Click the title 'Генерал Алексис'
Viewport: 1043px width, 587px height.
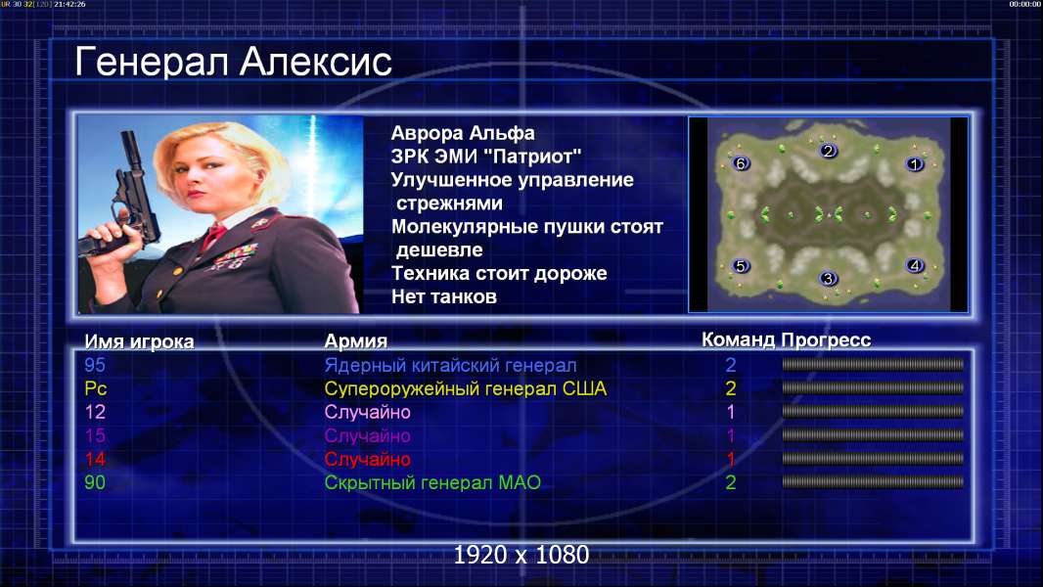point(233,63)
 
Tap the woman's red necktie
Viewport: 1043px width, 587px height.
point(213,236)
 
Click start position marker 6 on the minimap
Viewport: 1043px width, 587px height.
point(741,162)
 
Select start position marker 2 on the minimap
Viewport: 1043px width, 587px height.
point(828,151)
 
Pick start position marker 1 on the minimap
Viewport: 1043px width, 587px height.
point(915,163)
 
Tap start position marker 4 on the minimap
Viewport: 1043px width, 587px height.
point(915,266)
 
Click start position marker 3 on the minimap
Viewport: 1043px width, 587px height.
point(828,279)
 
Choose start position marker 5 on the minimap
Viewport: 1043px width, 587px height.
point(741,266)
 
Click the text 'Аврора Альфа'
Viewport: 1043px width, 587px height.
point(463,133)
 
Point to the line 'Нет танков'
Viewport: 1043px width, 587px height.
point(444,296)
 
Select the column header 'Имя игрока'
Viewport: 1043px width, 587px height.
point(139,341)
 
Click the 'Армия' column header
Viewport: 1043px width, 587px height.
point(356,341)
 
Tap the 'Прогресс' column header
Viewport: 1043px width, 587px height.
point(826,340)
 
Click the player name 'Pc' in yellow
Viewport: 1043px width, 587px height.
point(96,388)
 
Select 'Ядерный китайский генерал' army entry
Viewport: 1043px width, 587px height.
point(450,366)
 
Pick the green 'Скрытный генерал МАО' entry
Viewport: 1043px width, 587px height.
point(432,482)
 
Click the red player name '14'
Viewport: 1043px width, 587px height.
point(95,460)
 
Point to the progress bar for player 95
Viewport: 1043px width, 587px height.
point(873,364)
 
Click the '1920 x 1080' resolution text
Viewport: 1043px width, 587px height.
point(521,555)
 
